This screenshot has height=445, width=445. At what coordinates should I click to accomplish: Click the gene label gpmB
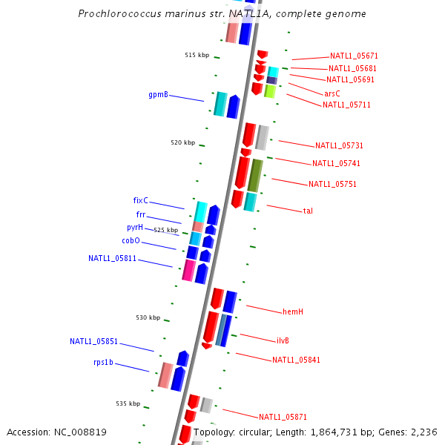click(158, 95)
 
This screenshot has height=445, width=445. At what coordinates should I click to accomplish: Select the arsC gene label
click(332, 94)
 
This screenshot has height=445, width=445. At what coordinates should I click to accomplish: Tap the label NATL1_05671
click(354, 56)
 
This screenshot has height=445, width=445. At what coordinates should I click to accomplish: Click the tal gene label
click(308, 211)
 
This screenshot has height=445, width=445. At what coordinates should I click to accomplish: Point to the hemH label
click(292, 312)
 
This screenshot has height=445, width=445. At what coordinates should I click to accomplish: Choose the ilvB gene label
click(283, 341)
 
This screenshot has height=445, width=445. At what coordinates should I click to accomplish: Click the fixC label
click(140, 201)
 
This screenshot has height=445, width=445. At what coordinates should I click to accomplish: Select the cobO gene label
click(131, 241)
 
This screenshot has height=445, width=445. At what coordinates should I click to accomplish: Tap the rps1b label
click(103, 363)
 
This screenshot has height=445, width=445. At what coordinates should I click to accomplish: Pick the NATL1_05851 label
click(93, 342)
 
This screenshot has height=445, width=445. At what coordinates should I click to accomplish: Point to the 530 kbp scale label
click(148, 318)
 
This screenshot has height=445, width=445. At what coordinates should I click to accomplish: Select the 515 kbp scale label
click(197, 56)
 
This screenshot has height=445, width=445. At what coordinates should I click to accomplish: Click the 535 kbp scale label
click(128, 404)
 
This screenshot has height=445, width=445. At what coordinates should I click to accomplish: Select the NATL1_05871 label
click(283, 418)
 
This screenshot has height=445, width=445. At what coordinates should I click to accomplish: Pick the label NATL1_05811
click(112, 259)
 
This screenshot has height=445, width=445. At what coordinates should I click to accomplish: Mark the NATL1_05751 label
click(332, 185)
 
